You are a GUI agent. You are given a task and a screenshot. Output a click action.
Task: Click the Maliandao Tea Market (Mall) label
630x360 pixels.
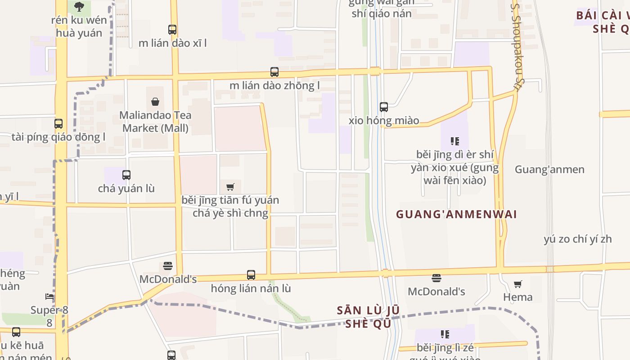[x=155, y=121]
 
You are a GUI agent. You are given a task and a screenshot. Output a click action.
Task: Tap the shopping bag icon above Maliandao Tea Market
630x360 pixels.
[x=155, y=102]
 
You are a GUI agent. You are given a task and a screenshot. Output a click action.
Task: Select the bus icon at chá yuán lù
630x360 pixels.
[x=126, y=175]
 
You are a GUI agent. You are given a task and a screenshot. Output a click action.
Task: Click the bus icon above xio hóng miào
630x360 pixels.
[x=384, y=107]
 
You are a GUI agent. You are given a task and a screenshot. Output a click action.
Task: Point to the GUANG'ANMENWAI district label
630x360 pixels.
[x=456, y=214]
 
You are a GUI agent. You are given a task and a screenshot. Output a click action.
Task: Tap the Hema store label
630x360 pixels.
[x=517, y=297]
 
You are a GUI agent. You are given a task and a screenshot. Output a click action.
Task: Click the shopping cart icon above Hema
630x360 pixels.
[x=517, y=284]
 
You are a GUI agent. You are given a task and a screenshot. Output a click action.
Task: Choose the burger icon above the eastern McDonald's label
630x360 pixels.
[x=436, y=278]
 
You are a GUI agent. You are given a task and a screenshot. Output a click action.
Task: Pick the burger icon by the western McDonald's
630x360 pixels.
[x=168, y=266]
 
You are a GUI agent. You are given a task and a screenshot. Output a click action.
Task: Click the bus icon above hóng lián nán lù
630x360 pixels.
[x=251, y=274]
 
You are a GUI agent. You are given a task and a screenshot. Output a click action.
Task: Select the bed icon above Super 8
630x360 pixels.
[x=49, y=297]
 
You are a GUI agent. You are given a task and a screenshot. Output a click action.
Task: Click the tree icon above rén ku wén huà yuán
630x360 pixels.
[x=79, y=6]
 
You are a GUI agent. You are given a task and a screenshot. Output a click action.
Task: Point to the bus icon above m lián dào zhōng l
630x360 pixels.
[x=274, y=72]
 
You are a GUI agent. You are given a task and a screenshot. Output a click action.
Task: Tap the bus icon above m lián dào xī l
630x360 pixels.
[x=172, y=30]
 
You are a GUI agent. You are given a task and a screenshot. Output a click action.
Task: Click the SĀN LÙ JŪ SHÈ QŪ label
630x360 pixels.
[x=368, y=317]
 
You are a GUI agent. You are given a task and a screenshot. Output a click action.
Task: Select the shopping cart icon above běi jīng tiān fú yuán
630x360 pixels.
[x=230, y=187]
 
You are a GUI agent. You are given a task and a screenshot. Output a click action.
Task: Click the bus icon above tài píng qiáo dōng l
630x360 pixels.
[x=58, y=123]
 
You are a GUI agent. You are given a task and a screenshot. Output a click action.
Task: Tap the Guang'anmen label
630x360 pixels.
[x=549, y=170]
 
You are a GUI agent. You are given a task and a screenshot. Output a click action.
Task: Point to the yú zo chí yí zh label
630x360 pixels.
[x=578, y=239]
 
